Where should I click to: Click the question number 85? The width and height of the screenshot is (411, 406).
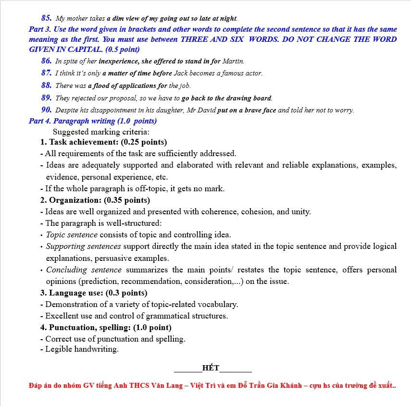point(46,18)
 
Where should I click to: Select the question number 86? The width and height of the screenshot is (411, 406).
point(46,61)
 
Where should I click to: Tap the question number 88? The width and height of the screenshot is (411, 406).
point(46,86)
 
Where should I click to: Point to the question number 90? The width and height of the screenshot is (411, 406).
point(46,110)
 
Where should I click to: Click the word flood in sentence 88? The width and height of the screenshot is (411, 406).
point(113,86)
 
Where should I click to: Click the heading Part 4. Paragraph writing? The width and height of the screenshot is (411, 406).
point(92,121)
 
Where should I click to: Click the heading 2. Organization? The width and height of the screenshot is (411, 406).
point(95,200)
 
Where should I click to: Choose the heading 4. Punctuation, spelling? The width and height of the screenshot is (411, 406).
point(105,328)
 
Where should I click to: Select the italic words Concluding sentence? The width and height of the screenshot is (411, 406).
point(84,270)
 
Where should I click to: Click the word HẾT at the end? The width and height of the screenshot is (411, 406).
point(211,369)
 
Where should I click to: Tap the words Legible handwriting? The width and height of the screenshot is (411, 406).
point(82,349)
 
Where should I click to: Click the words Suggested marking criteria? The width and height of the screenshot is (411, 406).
point(101,132)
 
